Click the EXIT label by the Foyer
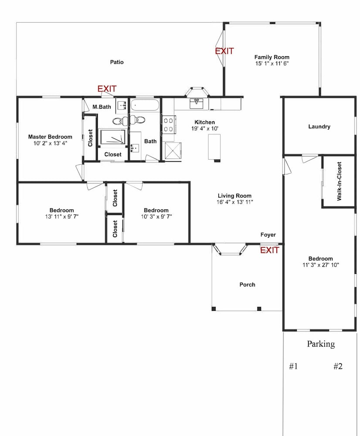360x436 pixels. tap(269, 250)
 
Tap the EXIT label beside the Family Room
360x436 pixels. tap(224, 51)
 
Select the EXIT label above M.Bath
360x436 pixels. tap(107, 89)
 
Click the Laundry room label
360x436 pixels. tap(319, 126)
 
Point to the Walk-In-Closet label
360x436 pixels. tap(339, 181)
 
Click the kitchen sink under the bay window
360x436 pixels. tap(197, 103)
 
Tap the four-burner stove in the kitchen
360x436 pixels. tap(169, 125)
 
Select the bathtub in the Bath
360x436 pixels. tap(145, 106)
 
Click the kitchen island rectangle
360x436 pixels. tap(214, 147)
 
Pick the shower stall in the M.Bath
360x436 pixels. tap(112, 136)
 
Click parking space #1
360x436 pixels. tap(294, 366)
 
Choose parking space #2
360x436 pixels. tap(338, 366)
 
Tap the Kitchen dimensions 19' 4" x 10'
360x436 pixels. tap(205, 129)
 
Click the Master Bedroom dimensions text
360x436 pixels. tap(50, 143)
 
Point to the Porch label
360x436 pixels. tap(248, 284)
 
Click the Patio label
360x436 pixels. tap(117, 62)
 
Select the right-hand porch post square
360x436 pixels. tap(259, 309)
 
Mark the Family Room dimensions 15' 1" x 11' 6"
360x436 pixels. tap(272, 63)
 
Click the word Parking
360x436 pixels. tap(321, 344)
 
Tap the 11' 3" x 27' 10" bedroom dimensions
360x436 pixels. tap(321, 265)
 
